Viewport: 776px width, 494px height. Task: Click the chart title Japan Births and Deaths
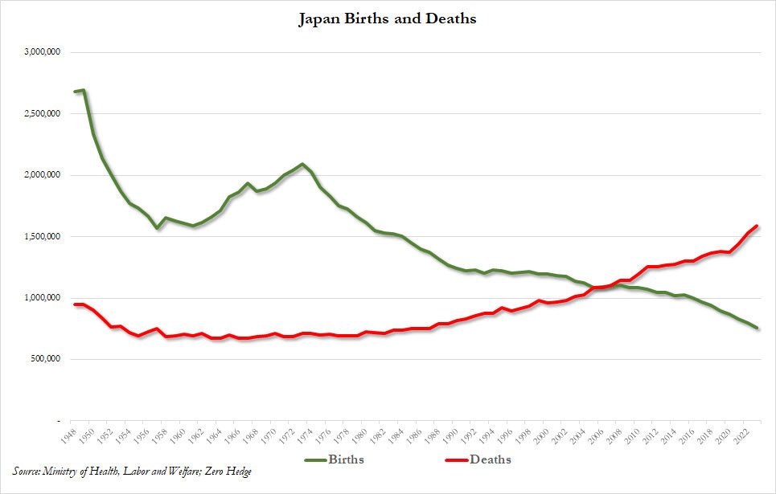pyautogui.click(x=388, y=18)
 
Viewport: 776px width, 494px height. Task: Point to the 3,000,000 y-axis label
pyautogui.click(x=43, y=52)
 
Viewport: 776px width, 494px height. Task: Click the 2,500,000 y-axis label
pyautogui.click(x=43, y=114)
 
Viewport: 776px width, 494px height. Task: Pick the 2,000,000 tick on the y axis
pyautogui.click(x=43, y=175)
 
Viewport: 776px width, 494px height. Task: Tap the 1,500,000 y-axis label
pyautogui.click(x=43, y=237)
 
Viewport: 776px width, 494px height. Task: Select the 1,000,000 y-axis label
pyautogui.click(x=43, y=298)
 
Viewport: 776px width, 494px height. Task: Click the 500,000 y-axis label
pyautogui.click(x=47, y=359)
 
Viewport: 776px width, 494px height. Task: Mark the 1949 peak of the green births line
pyautogui.click(x=84, y=90)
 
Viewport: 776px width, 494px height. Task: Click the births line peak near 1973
pyautogui.click(x=302, y=164)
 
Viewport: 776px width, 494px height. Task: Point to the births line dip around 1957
pyautogui.click(x=157, y=228)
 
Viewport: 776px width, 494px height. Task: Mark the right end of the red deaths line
pyautogui.click(x=758, y=227)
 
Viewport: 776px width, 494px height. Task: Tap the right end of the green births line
pyautogui.click(x=758, y=328)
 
